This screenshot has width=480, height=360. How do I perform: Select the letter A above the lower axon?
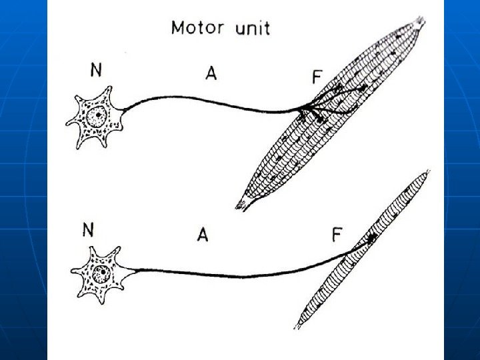(x=203, y=235)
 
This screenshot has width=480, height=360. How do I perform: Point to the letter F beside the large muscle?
(x=317, y=78)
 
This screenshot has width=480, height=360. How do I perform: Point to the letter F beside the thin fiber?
(x=338, y=235)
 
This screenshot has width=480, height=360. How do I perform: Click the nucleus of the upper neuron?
(x=97, y=115)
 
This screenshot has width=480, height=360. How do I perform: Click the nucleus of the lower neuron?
(x=101, y=273)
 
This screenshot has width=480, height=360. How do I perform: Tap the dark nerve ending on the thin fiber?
(x=372, y=237)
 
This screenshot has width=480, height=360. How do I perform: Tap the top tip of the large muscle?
(x=419, y=21)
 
